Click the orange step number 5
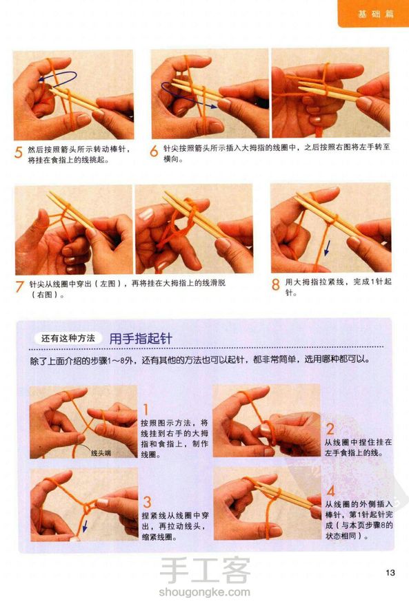click(18, 152)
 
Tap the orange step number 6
click(154, 151)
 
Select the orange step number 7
click(19, 286)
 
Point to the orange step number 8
click(275, 285)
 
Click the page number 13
click(390, 573)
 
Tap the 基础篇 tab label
click(375, 14)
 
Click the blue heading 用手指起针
click(141, 339)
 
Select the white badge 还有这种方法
click(68, 339)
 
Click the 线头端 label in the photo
click(101, 453)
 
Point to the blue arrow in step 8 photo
click(327, 247)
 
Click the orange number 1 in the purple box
click(146, 410)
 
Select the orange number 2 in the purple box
click(330, 429)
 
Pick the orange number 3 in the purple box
click(147, 502)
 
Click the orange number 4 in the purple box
click(331, 491)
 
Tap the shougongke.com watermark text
click(204, 592)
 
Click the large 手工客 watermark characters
click(205, 570)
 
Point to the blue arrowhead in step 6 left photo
click(212, 105)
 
